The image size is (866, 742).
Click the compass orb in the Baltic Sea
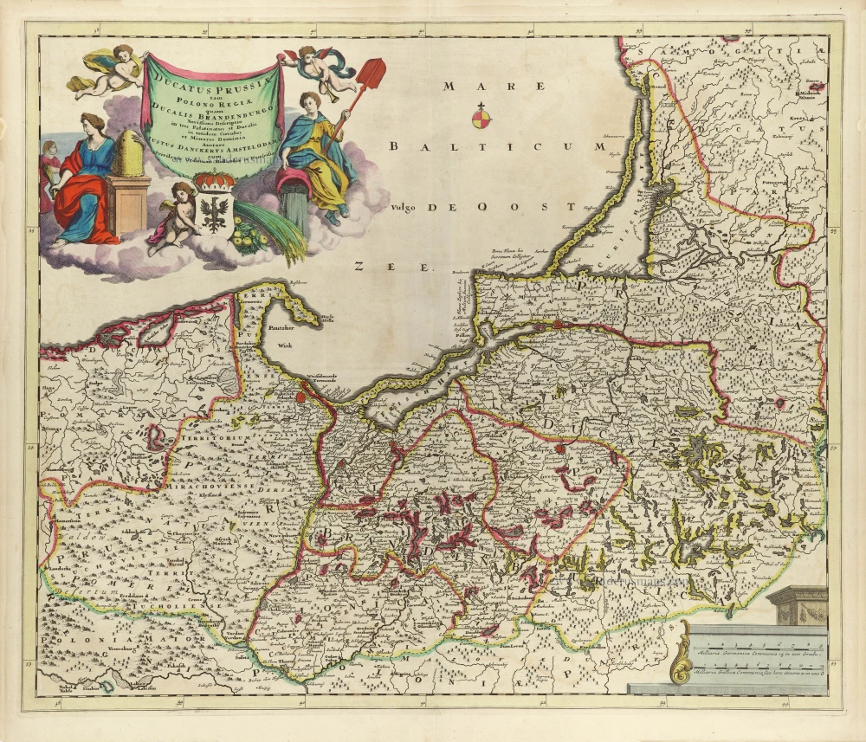481,115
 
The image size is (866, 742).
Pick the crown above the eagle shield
215,181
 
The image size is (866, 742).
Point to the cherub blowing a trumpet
319,69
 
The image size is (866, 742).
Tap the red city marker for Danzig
301,398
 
